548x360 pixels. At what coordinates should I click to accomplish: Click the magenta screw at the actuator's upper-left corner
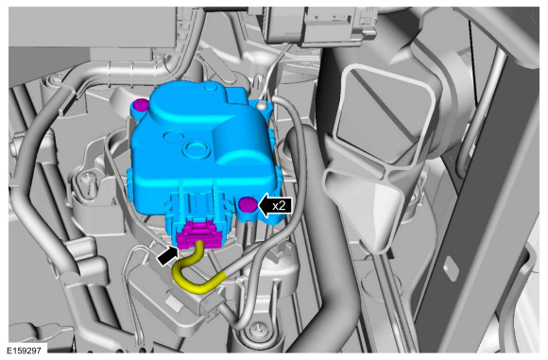141,105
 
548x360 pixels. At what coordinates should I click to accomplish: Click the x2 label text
279,206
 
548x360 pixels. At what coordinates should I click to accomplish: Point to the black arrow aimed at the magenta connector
168,255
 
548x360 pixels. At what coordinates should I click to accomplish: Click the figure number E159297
24,351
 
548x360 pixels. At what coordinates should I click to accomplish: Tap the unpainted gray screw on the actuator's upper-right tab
261,104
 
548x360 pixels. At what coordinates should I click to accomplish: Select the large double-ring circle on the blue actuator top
197,147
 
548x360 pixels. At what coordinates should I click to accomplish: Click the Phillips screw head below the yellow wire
259,328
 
